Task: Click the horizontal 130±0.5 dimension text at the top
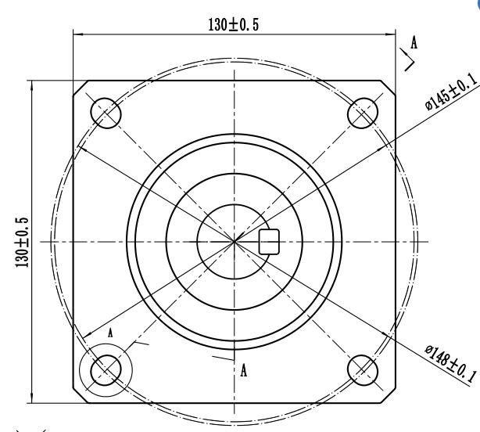pos(233,24)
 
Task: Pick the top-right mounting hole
pos(361,113)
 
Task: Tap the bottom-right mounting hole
pos(361,367)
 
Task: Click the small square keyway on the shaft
pos(269,242)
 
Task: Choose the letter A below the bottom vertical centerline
pos(245,369)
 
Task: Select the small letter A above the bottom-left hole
pos(111,332)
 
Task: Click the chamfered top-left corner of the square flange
pos(78,85)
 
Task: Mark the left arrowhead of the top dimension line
pos(77,34)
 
